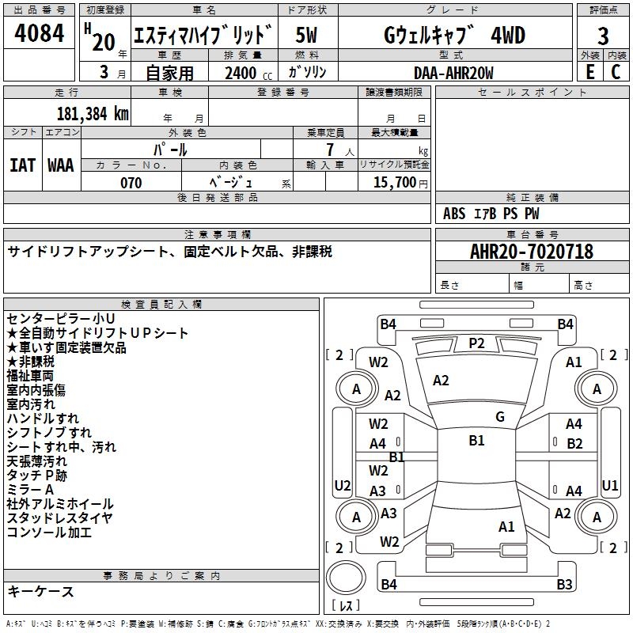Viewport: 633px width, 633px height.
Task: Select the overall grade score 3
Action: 603,36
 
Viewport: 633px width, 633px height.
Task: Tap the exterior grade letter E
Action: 589,72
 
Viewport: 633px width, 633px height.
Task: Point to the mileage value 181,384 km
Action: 93,114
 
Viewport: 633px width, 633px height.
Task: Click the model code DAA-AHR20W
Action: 453,73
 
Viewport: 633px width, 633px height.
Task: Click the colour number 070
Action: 131,183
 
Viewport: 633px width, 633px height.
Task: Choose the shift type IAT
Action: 22,165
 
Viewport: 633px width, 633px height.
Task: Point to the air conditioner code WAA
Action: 61,165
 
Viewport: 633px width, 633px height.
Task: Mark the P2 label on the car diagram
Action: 476,343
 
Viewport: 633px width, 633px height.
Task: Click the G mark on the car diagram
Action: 500,417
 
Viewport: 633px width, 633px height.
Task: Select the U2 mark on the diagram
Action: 343,485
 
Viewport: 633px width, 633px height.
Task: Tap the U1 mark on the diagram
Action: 610,485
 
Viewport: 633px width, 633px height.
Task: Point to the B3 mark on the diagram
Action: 564,585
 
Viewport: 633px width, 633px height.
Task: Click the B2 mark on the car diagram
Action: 574,444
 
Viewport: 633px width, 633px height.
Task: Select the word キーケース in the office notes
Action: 40,592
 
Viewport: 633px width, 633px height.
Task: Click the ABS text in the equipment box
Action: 454,214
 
